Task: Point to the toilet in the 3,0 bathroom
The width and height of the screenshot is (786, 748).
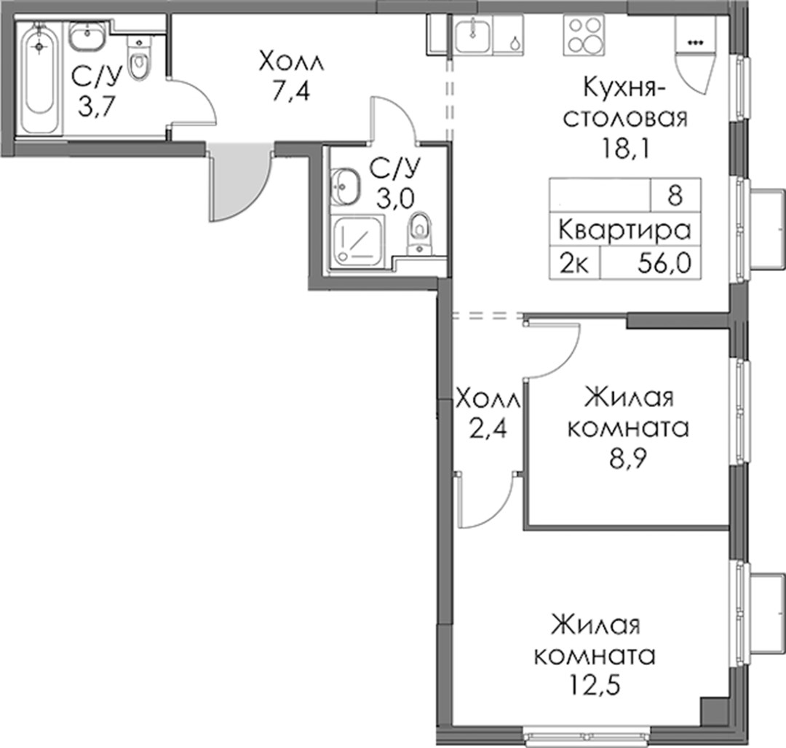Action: coord(420,233)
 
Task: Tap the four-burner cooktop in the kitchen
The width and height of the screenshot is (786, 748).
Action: coord(584,34)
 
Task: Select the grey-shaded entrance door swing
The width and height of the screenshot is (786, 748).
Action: coord(239,181)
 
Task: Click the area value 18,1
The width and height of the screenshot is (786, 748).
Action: coord(625,148)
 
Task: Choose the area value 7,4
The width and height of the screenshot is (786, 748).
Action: coord(291,92)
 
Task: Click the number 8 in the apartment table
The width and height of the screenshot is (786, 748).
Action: coord(675,194)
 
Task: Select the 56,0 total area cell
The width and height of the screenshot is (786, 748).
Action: coord(664,262)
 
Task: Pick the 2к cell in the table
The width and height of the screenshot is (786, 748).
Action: coord(574,263)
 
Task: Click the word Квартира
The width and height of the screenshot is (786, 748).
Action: coord(624,230)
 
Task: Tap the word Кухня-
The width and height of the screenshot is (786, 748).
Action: coord(624,87)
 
